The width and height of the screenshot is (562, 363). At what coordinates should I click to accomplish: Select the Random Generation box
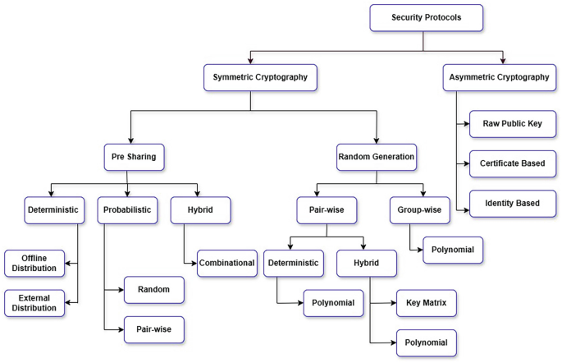376,155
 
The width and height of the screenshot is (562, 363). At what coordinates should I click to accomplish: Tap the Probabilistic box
126,209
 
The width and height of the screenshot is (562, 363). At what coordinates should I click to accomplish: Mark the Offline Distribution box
34,263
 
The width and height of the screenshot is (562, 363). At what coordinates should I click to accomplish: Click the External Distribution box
34,302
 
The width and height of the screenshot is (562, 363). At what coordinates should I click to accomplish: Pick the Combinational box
227,264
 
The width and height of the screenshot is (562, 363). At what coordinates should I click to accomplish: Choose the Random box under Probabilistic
154,290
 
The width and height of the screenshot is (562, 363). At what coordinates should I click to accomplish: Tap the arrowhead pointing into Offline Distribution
69,264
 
